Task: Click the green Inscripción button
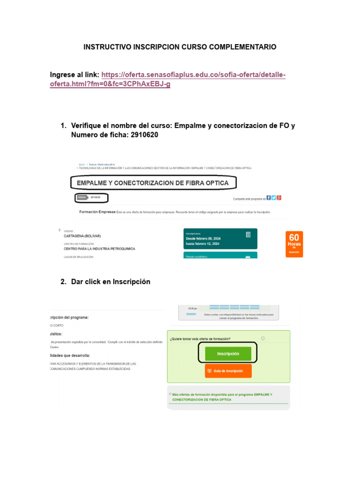tap(228, 354)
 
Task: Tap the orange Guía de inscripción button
tap(228, 371)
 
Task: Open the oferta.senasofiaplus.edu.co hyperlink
tap(167, 80)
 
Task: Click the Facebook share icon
tap(268, 198)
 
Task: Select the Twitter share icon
tap(274, 198)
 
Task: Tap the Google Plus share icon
tap(279, 198)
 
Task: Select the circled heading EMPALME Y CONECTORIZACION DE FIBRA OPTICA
tap(153, 183)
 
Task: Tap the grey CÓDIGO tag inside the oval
tap(82, 198)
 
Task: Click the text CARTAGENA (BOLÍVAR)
tap(82, 236)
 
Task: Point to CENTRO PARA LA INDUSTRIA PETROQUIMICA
tap(99, 249)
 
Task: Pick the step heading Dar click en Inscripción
tap(111, 282)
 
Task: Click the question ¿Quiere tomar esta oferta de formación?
tap(200, 338)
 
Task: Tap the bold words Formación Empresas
tap(97, 212)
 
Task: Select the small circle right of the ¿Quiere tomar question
tap(263, 338)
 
